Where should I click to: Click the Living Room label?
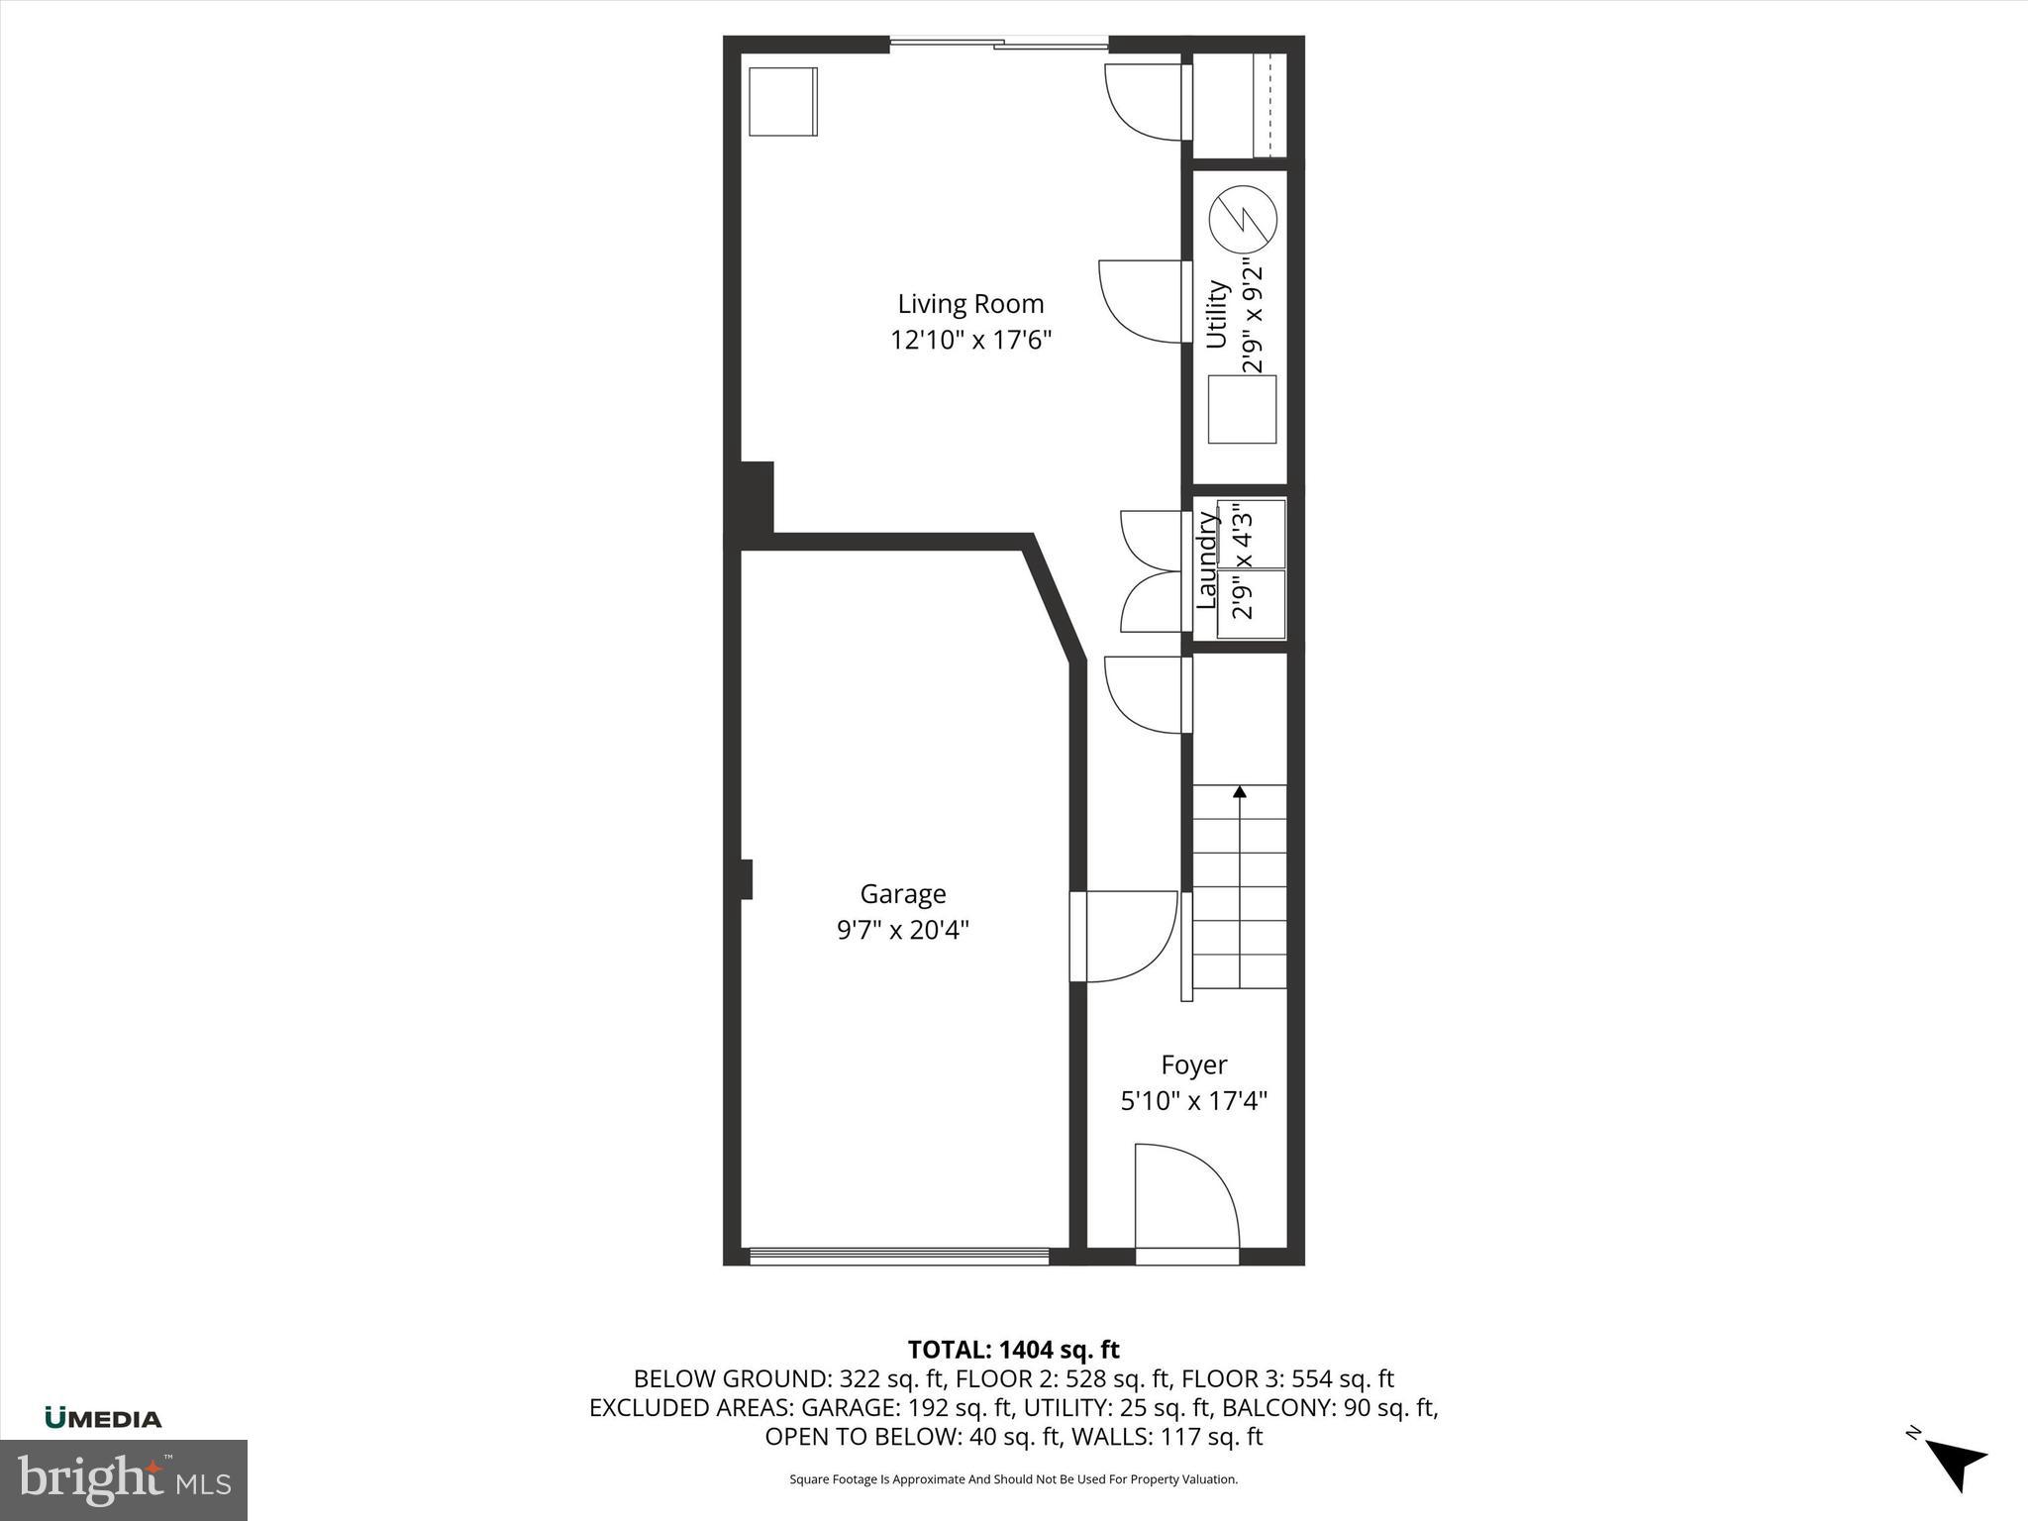970,304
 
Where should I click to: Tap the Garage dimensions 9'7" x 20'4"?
902,930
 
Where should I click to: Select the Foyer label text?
1193,1065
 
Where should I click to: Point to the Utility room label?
1217,315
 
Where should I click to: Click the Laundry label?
1206,560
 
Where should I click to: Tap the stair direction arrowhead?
1239,791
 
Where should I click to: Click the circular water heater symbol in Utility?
1243,219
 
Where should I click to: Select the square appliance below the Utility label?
1242,409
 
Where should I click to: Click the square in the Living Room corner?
782,101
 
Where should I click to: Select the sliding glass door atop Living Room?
998,43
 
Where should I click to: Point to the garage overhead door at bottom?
898,1256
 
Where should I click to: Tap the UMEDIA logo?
103,1418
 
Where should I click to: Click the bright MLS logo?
124,1479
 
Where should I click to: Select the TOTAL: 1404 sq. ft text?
1013,1350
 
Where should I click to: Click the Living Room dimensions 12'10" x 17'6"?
970,341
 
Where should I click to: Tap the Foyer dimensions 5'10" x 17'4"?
1193,1101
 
